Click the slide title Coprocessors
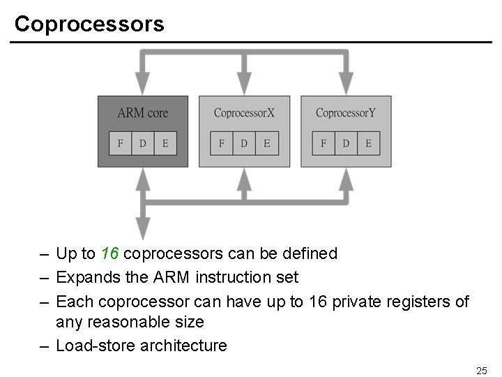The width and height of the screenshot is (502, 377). tap(89, 24)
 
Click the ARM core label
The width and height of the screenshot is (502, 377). tap(142, 112)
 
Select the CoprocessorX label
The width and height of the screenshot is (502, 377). tap(244, 112)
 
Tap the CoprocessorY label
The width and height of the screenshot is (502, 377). tap(345, 112)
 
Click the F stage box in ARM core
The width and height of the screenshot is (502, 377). tap(120, 143)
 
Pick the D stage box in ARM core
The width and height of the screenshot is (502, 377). tap(142, 143)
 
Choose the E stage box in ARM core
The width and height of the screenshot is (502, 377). tap(165, 143)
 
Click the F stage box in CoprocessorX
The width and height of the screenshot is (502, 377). tap(222, 143)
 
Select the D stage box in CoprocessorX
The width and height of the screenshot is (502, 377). tap(244, 143)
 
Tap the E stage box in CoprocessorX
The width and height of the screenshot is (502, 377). tap(266, 143)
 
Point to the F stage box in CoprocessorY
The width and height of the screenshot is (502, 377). tap(324, 143)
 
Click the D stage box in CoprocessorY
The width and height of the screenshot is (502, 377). tap(346, 143)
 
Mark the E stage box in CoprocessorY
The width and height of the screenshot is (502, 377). tap(368, 143)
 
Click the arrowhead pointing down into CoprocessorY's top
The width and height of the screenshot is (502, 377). tap(346, 84)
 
